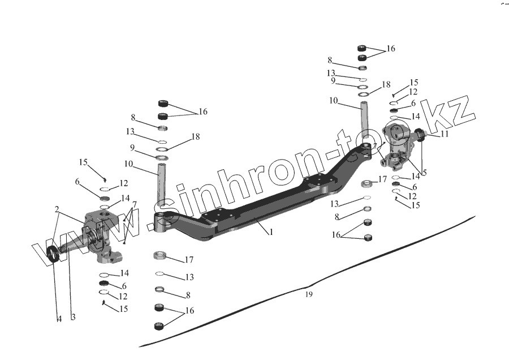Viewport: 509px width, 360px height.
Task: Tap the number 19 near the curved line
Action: click(308, 294)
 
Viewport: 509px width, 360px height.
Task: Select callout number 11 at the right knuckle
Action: click(445, 134)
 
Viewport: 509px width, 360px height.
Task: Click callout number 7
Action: click(134, 204)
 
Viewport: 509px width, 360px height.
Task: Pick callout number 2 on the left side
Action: click(58, 209)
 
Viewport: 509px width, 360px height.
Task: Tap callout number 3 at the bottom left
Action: click(73, 318)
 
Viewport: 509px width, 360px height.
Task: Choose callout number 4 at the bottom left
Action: click(59, 319)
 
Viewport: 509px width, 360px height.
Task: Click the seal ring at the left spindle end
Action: click(52, 255)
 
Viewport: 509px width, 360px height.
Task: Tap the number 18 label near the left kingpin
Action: click(196, 136)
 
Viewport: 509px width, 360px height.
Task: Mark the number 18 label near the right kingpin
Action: click(386, 84)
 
